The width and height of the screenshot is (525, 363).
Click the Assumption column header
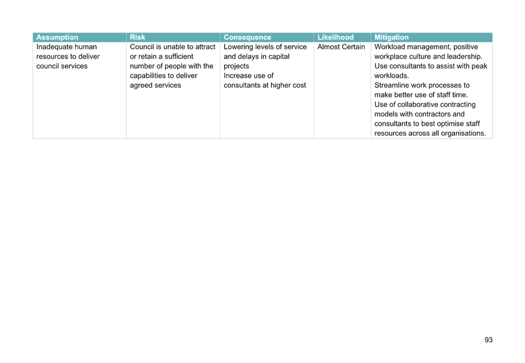57,37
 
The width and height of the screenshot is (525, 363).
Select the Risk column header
138,37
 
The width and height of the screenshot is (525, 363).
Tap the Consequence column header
247,37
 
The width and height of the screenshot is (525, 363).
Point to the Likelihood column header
336,37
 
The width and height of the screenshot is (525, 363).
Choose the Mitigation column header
391,37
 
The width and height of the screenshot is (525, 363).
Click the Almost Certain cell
341,47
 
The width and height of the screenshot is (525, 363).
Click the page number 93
489,340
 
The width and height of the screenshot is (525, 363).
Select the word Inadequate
53,47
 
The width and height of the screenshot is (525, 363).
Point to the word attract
204,47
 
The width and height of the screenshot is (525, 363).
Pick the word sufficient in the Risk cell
179,56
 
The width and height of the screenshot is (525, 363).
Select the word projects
236,66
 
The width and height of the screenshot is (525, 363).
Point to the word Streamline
392,85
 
